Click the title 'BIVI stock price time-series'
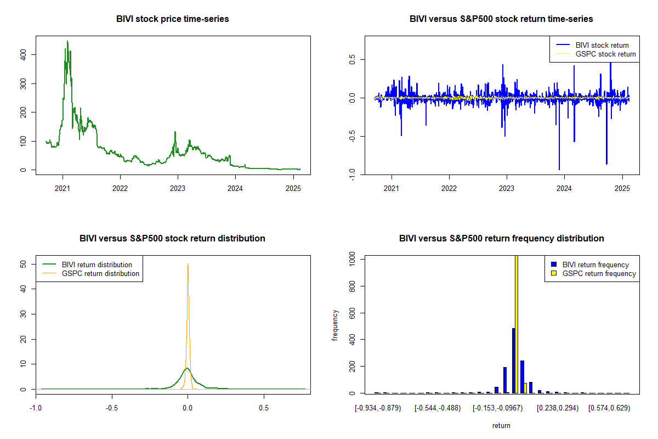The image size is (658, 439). (173, 19)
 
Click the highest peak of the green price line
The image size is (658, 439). (67, 42)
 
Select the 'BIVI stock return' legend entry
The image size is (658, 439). (602, 45)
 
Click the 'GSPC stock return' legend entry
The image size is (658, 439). (605, 54)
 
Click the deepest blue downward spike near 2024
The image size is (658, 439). (559, 169)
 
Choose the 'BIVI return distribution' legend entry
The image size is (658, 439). (97, 264)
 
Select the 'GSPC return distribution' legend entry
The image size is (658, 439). (100, 273)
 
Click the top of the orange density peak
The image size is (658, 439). (188, 264)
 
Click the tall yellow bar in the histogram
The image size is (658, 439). (516, 324)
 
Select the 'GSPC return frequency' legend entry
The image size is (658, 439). (599, 273)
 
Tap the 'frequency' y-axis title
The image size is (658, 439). (336, 325)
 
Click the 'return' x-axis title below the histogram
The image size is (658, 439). (501, 425)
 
